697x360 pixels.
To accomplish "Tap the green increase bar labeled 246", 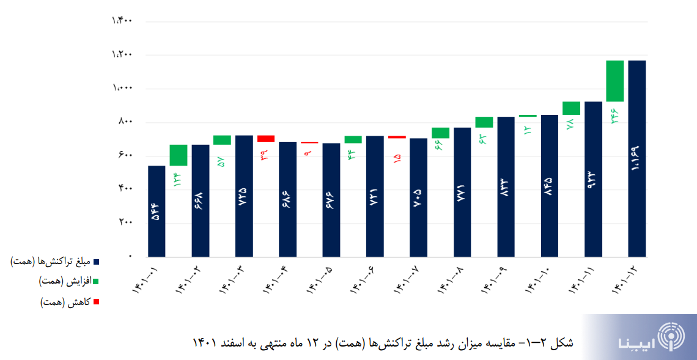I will (614, 81).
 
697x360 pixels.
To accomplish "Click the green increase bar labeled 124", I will (179, 155).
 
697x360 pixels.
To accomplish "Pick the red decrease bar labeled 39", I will (266, 139).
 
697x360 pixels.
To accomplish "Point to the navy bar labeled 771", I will (462, 191).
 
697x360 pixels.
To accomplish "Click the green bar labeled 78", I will (571, 108).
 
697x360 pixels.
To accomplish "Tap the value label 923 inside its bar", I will (592, 182).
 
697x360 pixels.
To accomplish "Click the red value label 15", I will (397, 160).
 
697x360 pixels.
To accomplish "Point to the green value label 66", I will (440, 146).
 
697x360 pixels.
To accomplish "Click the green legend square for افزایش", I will (96, 282).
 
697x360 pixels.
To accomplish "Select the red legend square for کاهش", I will (96, 302).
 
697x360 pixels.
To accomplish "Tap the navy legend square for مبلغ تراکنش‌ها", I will (96, 262).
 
